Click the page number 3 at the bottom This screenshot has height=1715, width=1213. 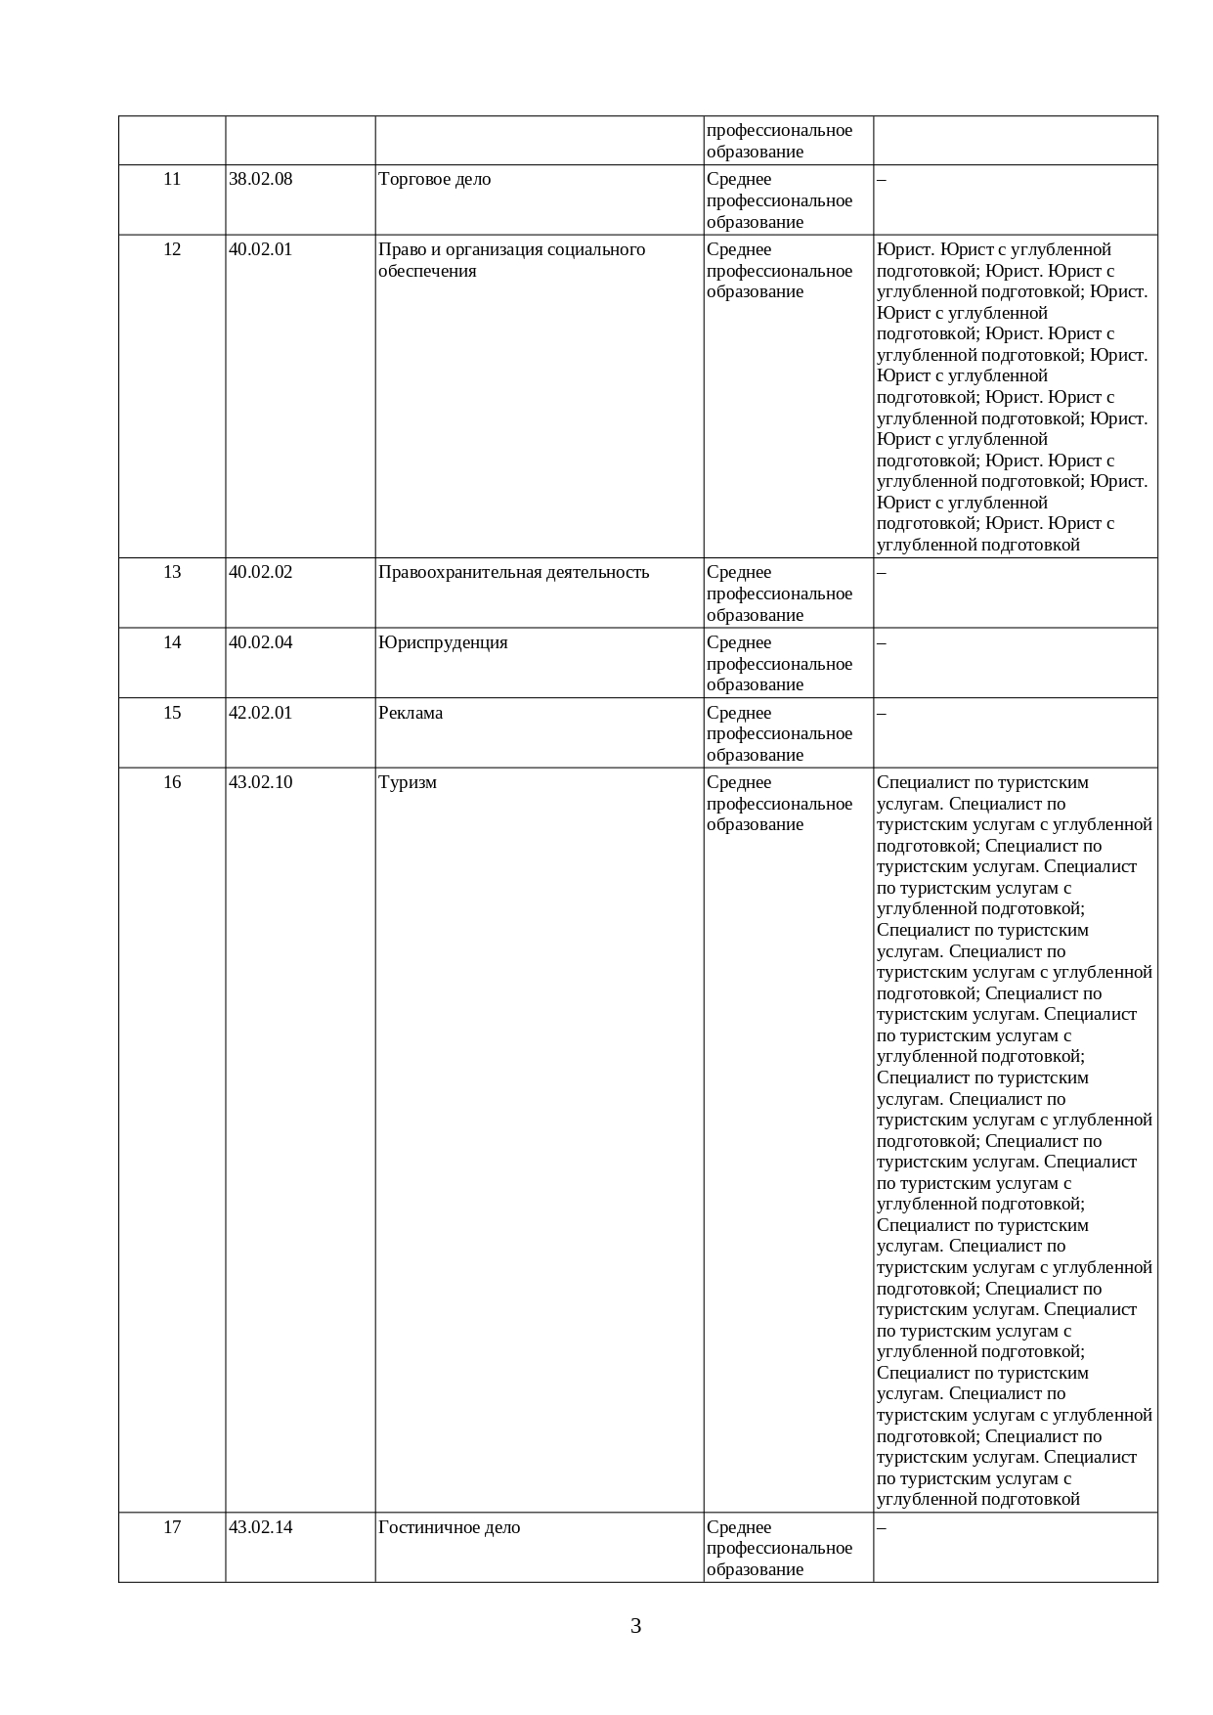(x=635, y=1626)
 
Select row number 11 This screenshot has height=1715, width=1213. (x=172, y=179)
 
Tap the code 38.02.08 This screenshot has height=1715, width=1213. (x=260, y=179)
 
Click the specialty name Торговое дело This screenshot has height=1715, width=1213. (x=434, y=179)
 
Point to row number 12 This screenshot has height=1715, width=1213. (x=172, y=249)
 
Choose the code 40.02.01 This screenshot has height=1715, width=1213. (x=260, y=249)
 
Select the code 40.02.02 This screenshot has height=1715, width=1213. (x=260, y=572)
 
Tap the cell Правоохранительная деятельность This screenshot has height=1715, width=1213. (x=513, y=572)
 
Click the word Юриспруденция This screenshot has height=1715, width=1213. (x=443, y=642)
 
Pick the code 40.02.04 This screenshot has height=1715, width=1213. (x=260, y=642)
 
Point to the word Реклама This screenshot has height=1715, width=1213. (x=411, y=713)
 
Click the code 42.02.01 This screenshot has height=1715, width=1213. (x=260, y=713)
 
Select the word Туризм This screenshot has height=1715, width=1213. (x=408, y=782)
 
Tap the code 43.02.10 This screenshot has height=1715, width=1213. (x=260, y=782)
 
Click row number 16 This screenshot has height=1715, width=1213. (x=172, y=782)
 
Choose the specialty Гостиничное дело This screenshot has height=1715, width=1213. (x=449, y=1527)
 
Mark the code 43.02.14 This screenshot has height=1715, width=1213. (x=260, y=1527)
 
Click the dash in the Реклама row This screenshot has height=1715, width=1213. (x=882, y=713)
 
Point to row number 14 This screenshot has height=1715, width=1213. (x=172, y=642)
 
